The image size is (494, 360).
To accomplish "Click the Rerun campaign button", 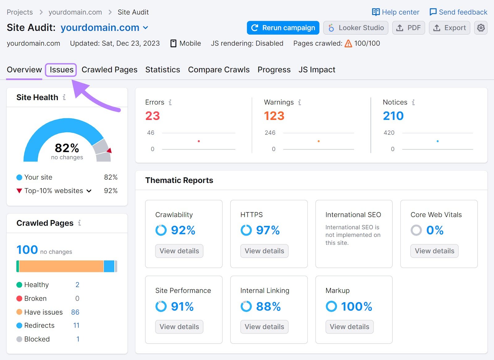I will click(283, 28).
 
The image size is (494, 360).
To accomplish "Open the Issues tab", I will click(61, 70).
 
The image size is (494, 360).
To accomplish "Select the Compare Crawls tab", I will click(219, 70).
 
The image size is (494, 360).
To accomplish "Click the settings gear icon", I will click(481, 28).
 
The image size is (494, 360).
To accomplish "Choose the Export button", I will click(449, 28).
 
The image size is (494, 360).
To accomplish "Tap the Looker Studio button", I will click(356, 28).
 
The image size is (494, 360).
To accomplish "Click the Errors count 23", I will click(153, 116).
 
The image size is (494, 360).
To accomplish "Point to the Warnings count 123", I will click(274, 116).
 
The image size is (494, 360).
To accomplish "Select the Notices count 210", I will click(393, 116).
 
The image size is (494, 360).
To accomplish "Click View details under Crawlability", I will click(179, 251).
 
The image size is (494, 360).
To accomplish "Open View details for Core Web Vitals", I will click(434, 251).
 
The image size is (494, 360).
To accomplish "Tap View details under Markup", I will click(349, 327).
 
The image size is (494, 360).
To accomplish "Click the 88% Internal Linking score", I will click(268, 307).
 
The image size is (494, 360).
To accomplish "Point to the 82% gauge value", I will click(67, 148).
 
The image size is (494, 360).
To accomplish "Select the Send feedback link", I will click(458, 12).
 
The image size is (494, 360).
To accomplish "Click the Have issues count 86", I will click(75, 312).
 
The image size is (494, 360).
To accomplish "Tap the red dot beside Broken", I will click(19, 299).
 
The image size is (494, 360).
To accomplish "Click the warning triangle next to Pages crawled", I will click(348, 44).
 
